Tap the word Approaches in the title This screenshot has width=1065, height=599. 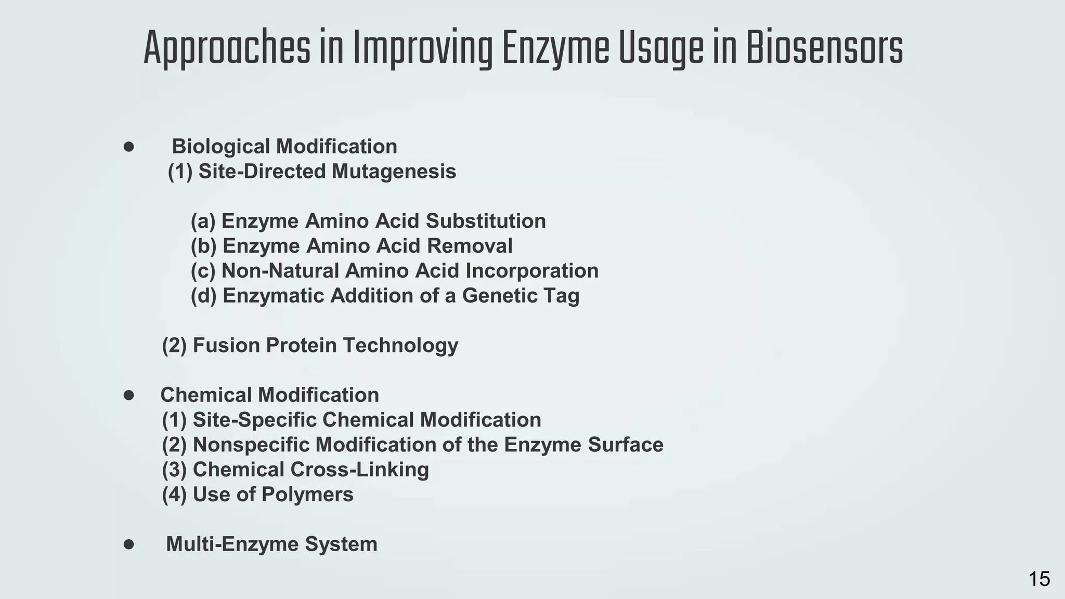pos(226,48)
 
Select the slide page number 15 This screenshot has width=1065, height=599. pos(1039,579)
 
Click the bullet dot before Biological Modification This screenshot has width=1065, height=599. pos(129,147)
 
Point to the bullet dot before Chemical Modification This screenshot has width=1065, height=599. pos(129,395)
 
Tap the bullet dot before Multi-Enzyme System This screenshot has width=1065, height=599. pos(129,544)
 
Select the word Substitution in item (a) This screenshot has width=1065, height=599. pos(486,221)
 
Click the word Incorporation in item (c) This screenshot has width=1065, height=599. pos(532,271)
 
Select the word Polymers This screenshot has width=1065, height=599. pos(307,494)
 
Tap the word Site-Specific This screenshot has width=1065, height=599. pos(254,420)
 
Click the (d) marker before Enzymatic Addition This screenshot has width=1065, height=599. pos(203,296)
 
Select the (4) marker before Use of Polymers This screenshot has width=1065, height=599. pos(174,494)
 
